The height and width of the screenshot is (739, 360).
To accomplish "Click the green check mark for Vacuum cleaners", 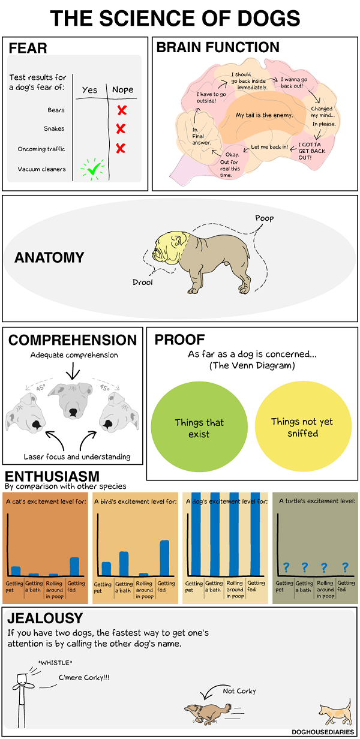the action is pos(92,170).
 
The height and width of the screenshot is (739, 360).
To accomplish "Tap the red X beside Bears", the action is pos(122,110).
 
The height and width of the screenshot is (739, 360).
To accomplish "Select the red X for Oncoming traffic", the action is pos(120,148).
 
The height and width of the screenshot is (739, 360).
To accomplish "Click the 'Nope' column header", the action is pos(123,90).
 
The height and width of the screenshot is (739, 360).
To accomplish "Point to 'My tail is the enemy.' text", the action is pos(264,115).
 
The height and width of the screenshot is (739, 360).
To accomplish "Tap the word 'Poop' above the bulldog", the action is pos(264,218).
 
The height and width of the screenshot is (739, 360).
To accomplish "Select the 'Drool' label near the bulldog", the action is pos(143,281).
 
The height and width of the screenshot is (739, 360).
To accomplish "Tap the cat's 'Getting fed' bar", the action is pos(74,566).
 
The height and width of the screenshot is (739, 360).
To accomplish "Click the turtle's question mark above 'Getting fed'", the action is pos(345,567).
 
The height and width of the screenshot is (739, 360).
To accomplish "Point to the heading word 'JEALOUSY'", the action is pos(46,618).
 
